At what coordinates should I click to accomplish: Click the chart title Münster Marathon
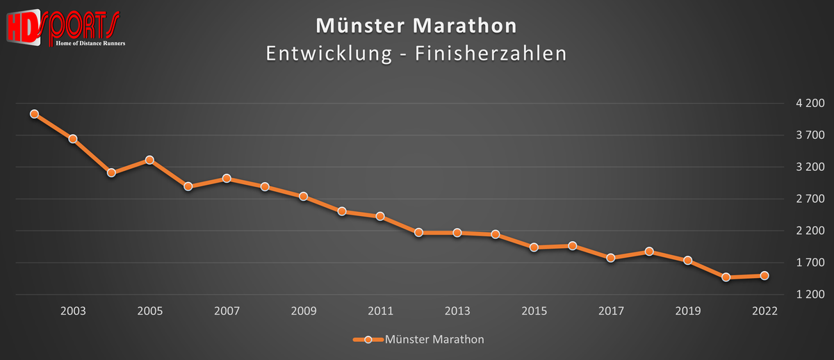[416, 26]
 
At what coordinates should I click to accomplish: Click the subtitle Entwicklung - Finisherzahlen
[416, 54]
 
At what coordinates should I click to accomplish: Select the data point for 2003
[72, 139]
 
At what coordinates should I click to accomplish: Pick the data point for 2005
[149, 160]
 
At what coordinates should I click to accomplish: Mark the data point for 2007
[227, 179]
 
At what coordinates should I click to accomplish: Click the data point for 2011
[380, 216]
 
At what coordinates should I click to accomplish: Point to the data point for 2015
[534, 247]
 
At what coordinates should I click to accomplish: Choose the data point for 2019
[687, 261]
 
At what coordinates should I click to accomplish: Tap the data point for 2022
[764, 276]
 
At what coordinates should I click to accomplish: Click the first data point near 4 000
[34, 114]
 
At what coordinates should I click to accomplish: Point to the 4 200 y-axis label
[810, 104]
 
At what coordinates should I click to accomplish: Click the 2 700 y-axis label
[810, 199]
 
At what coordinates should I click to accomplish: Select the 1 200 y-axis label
[810, 295]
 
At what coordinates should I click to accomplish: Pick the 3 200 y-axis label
[810, 167]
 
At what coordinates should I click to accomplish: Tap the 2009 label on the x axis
[304, 311]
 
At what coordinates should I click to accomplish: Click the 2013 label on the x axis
[457, 311]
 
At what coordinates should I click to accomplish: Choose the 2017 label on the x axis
[611, 311]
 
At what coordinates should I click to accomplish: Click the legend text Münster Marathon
[434, 340]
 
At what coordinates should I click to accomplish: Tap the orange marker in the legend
[368, 340]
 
